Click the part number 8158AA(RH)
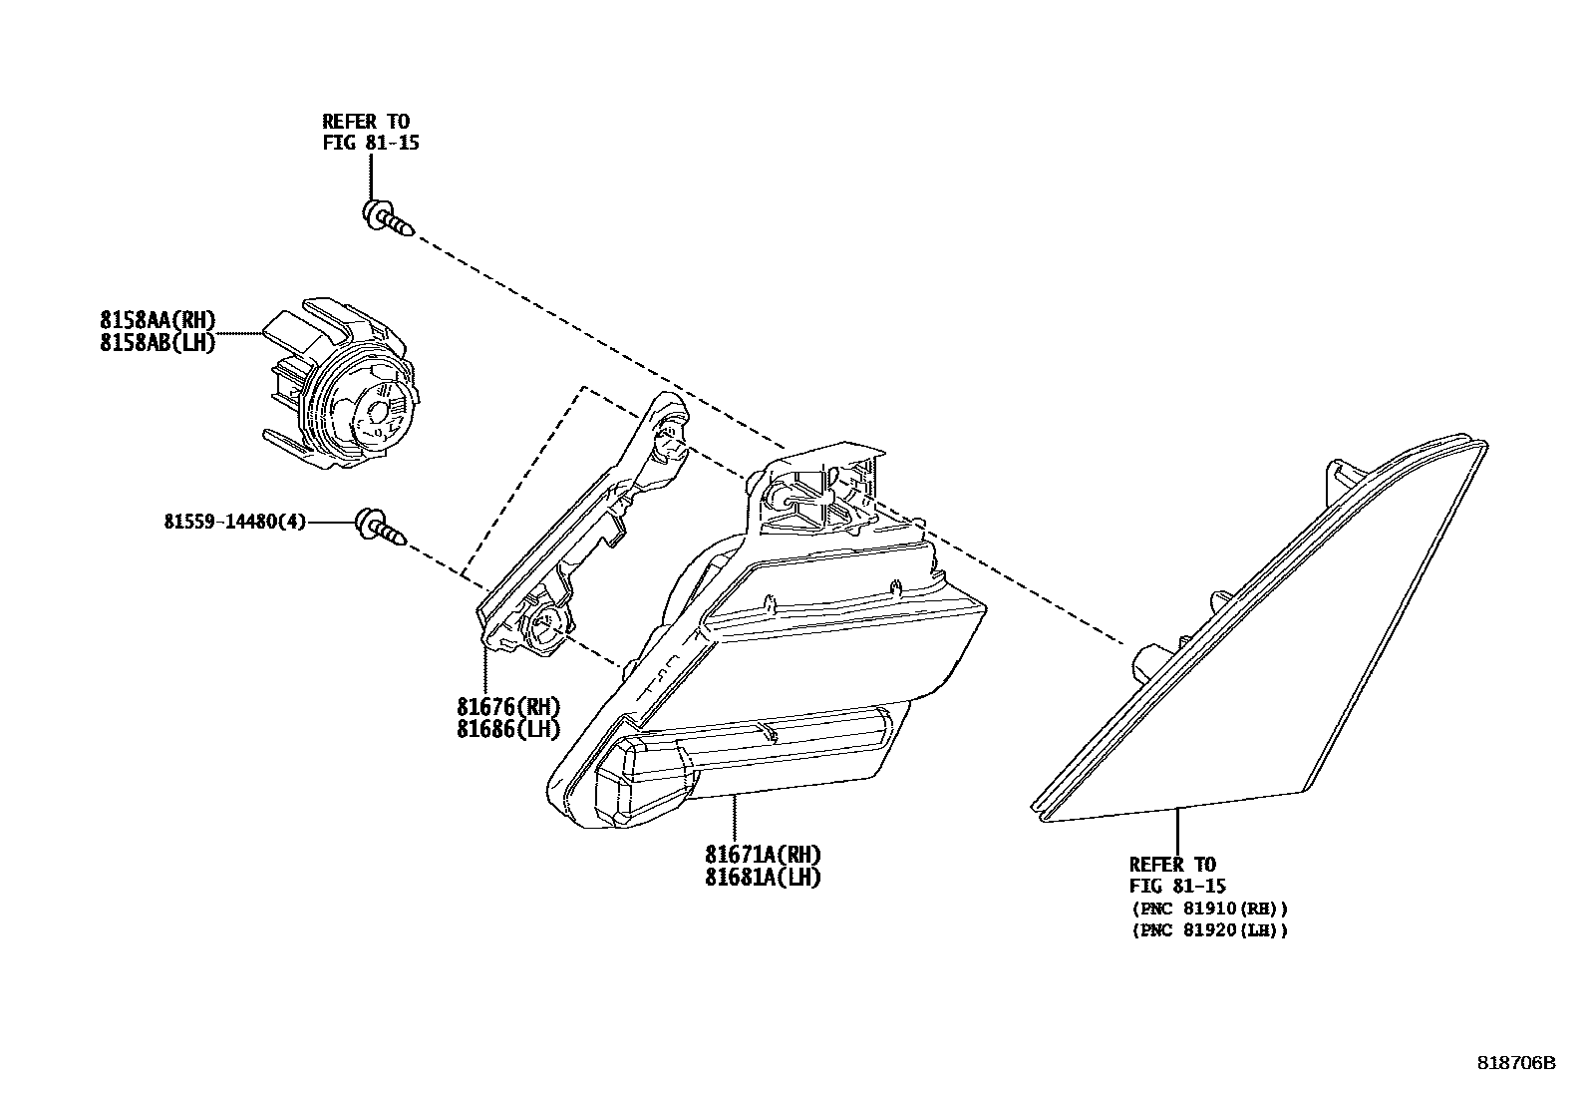point(158,319)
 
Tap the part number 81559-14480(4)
point(235,521)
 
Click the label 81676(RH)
point(508,707)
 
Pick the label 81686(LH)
point(508,729)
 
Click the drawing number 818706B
point(1515,1063)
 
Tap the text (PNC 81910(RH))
point(1209,909)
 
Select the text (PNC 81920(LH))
point(1209,930)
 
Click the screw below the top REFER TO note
point(388,219)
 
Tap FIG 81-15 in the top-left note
point(370,143)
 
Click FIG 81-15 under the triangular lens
point(1177,886)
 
